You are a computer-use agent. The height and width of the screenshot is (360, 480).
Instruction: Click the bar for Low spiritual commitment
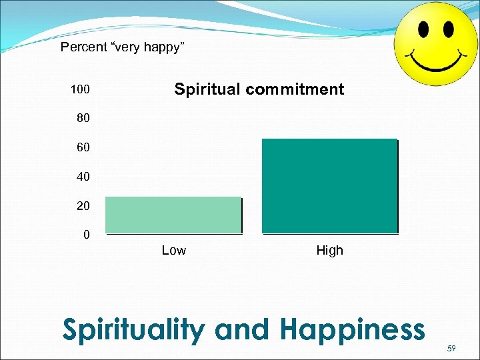click(x=173, y=215)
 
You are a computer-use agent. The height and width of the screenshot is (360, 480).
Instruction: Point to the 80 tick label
click(x=83, y=119)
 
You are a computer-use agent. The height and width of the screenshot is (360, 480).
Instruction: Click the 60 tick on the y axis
click(x=83, y=147)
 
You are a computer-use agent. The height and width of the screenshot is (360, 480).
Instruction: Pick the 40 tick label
click(x=83, y=177)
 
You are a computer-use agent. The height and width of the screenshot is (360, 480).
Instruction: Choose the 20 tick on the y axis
click(x=83, y=206)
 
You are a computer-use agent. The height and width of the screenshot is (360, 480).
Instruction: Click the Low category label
click(x=174, y=251)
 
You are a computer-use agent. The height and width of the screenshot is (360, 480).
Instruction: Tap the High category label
click(x=329, y=251)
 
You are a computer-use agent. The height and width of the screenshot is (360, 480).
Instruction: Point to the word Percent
click(x=83, y=47)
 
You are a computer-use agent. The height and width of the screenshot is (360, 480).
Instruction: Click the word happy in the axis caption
click(x=163, y=47)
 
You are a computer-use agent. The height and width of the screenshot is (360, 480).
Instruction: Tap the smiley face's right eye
click(x=448, y=29)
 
